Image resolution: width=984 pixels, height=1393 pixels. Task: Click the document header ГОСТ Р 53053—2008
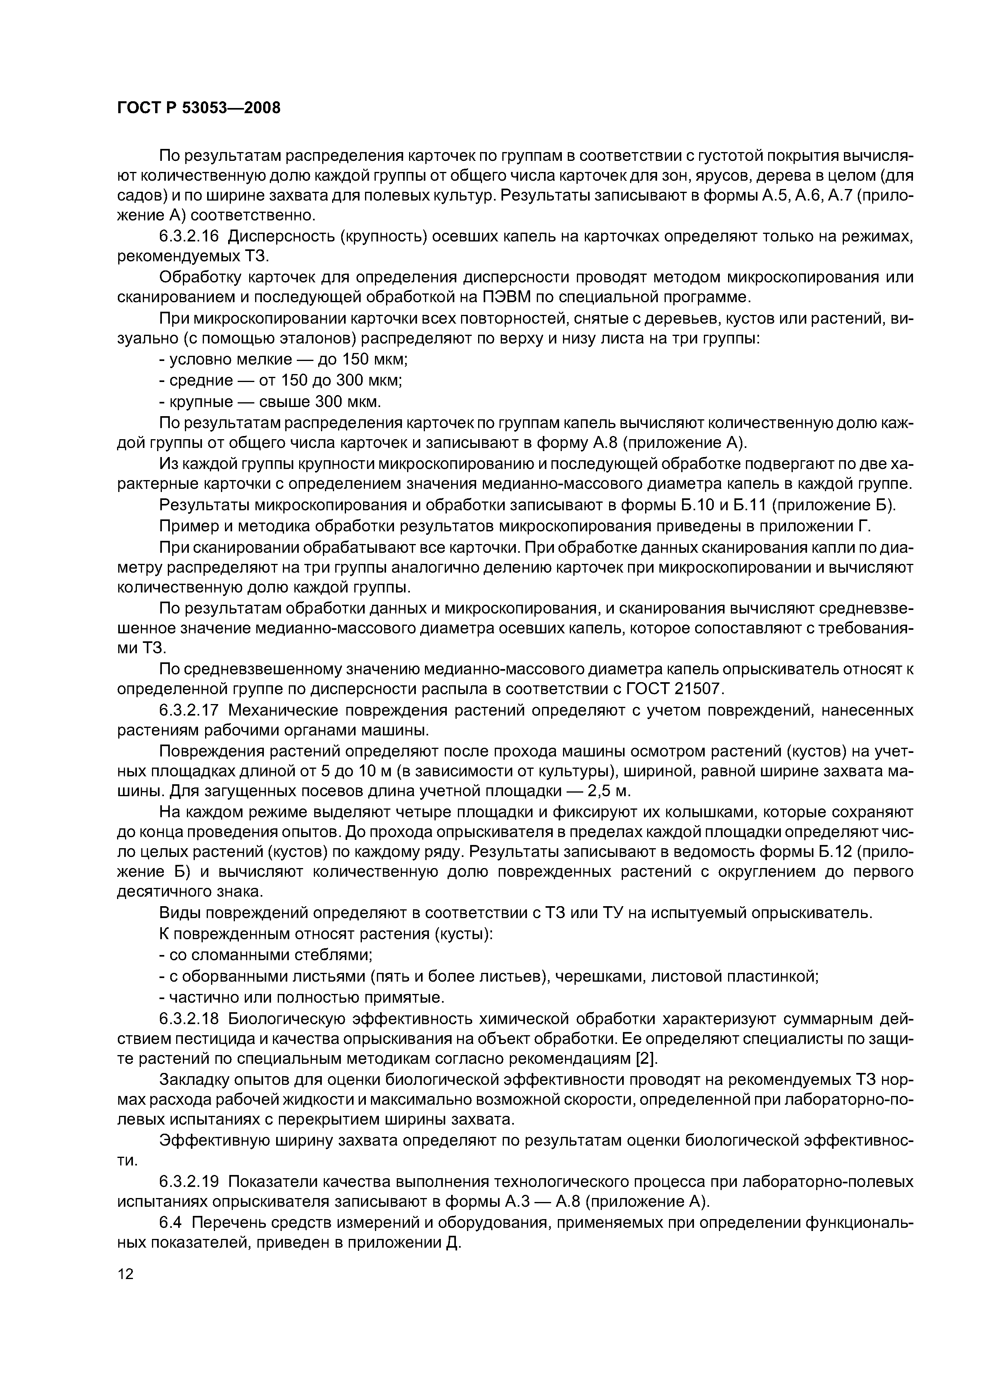[x=199, y=108]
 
